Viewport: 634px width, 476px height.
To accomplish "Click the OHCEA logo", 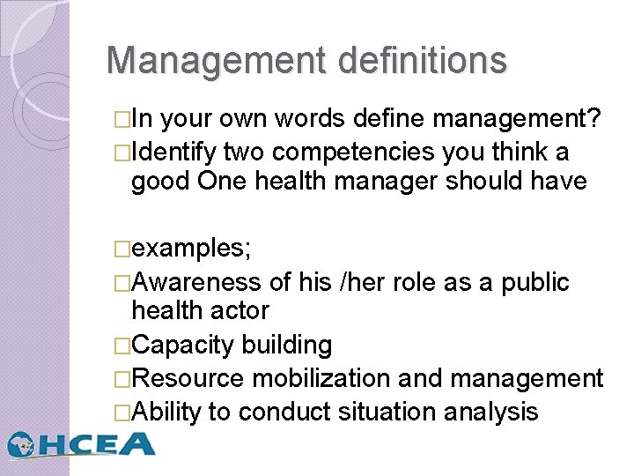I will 81,443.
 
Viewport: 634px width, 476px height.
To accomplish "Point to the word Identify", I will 173,152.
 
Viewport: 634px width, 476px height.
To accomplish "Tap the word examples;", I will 191,249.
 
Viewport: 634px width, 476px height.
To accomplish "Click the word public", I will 534,282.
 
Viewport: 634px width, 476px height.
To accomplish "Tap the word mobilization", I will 321,379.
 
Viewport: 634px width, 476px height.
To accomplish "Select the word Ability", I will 166,411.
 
